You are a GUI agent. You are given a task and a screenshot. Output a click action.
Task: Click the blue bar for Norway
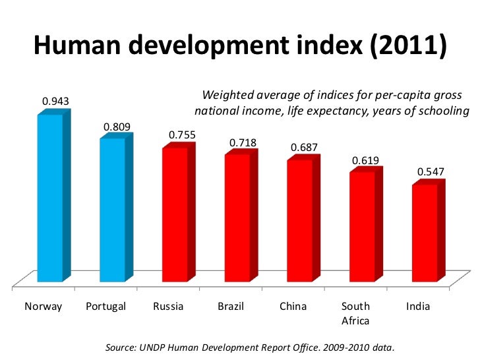click(50, 198)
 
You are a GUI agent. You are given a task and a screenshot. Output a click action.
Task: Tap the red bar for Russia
click(174, 215)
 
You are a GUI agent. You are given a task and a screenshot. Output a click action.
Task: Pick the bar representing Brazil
click(236, 218)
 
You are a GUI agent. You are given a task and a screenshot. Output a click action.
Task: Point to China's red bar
click(299, 221)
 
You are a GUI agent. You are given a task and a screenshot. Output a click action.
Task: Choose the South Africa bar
click(361, 227)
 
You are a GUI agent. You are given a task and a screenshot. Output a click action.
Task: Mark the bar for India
click(424, 233)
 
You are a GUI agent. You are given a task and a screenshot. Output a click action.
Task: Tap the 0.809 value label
click(116, 127)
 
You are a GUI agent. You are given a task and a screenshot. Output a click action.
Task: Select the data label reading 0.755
click(181, 135)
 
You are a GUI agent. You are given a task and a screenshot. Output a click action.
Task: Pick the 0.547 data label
click(430, 171)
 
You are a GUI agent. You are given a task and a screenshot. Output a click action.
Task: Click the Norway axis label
click(43, 307)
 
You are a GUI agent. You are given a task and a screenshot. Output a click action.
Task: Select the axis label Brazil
click(231, 307)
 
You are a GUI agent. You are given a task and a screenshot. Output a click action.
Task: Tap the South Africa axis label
click(355, 313)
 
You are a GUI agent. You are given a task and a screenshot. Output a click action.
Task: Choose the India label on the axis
click(418, 307)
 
